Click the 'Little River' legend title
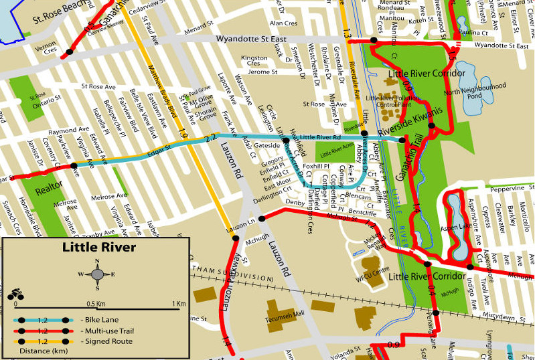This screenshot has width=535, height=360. pyautogui.click(x=98, y=248)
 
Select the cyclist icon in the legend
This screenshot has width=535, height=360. pyautogui.click(x=15, y=294)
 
